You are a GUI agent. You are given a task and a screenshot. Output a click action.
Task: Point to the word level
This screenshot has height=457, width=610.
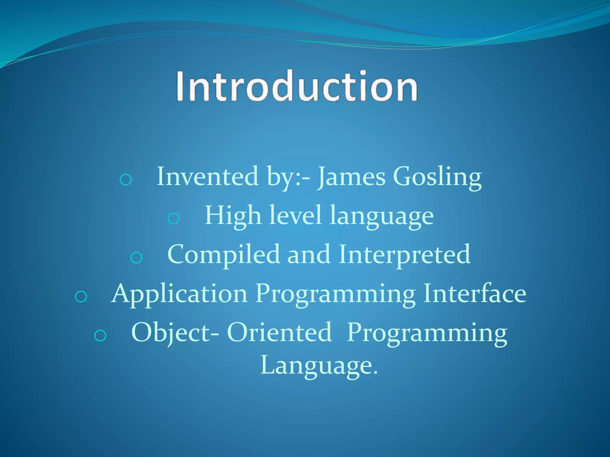[295, 215]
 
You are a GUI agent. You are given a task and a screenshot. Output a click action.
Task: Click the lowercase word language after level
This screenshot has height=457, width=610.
[382, 217]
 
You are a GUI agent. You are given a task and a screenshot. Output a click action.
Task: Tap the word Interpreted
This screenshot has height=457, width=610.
[404, 255]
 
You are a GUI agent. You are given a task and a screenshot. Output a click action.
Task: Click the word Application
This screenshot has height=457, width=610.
[179, 294]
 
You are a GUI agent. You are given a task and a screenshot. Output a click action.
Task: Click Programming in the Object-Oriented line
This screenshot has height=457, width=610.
[427, 333]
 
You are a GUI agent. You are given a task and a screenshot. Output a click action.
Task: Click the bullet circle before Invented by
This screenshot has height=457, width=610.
[125, 179]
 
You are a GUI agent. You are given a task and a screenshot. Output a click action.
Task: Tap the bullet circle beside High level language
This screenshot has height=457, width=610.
[173, 219]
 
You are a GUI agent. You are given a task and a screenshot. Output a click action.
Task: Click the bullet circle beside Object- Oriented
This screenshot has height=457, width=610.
[100, 336]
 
